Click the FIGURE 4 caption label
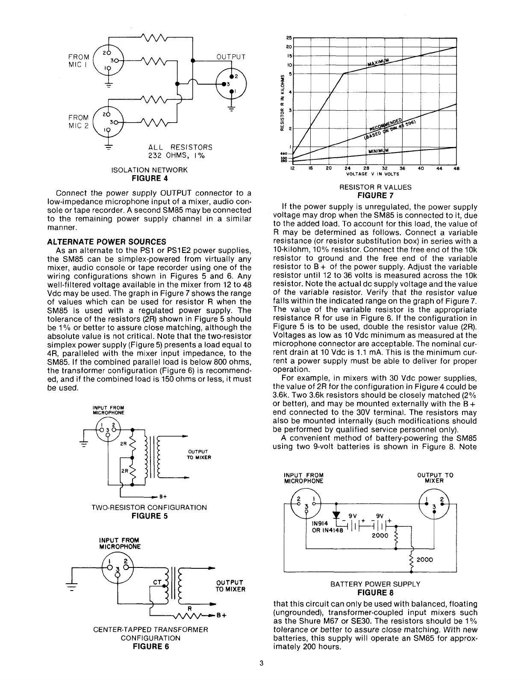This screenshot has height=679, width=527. (149, 178)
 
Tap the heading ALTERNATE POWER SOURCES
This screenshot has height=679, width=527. (106, 242)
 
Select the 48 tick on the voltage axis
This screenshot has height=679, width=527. (456, 168)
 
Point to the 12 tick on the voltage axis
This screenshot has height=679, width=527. (292, 168)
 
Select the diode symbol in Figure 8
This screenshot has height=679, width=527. (336, 514)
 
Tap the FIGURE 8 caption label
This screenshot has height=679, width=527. (375, 593)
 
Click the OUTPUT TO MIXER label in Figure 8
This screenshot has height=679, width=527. (435, 478)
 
